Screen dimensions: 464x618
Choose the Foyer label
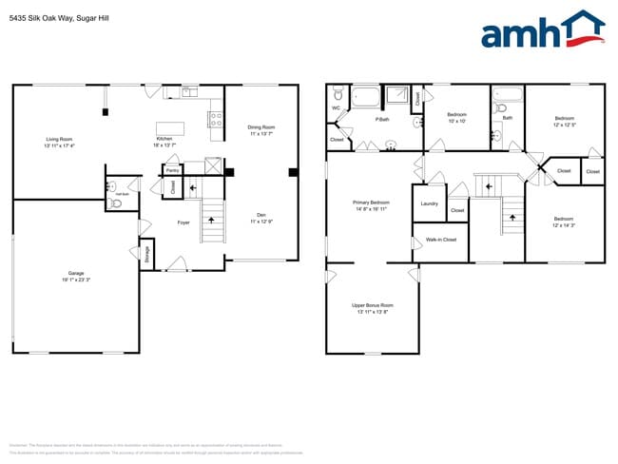(x=184, y=222)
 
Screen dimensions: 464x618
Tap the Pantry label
(x=172, y=170)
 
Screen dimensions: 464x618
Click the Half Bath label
(x=122, y=193)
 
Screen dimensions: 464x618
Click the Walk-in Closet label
(x=441, y=240)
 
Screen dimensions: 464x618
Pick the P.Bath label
(x=382, y=119)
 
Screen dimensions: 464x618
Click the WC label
(x=336, y=107)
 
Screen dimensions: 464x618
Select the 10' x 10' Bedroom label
(x=457, y=118)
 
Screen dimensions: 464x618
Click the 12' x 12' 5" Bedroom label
(x=565, y=122)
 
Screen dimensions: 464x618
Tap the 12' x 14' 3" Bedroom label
(x=564, y=222)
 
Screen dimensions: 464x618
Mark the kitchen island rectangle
(x=170, y=128)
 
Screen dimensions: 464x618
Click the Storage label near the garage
(x=146, y=254)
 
